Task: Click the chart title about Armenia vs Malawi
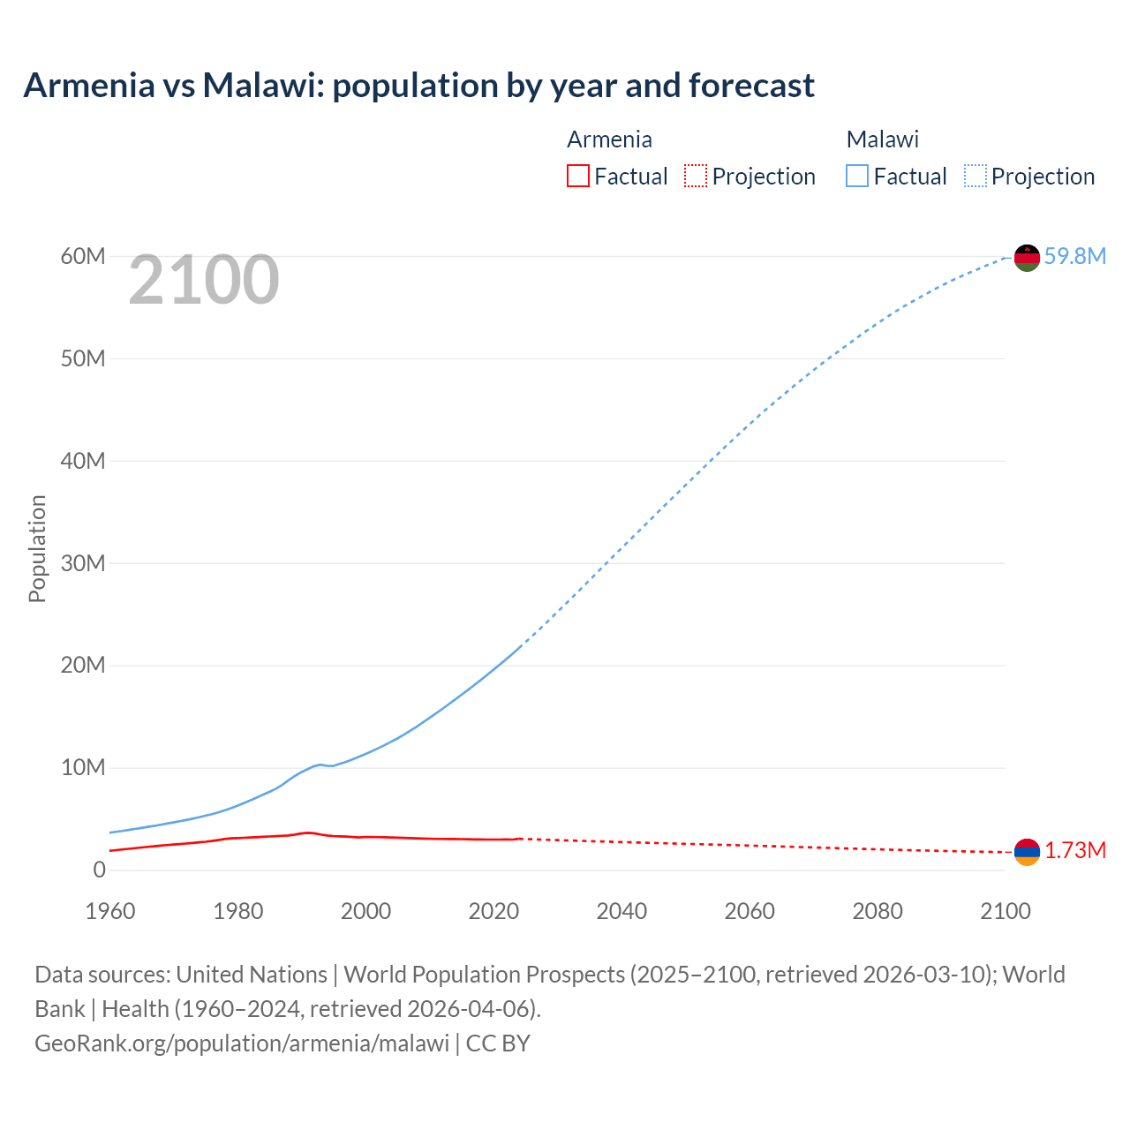418,86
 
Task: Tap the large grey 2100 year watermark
204,280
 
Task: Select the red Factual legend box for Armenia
577,176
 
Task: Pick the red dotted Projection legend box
696,176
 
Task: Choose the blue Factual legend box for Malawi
856,176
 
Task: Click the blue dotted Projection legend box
975,176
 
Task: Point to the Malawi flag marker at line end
1027,258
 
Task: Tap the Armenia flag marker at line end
1027,852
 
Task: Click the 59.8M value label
1074,256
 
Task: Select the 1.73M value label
1075,850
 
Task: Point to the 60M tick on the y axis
83,256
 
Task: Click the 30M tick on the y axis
83,563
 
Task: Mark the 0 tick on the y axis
99,870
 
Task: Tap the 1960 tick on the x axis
110,911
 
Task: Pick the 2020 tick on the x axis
493,911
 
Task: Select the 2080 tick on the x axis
878,911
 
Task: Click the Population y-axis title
37,548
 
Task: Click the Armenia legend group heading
609,139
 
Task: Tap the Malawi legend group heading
882,139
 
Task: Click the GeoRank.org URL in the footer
242,1043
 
